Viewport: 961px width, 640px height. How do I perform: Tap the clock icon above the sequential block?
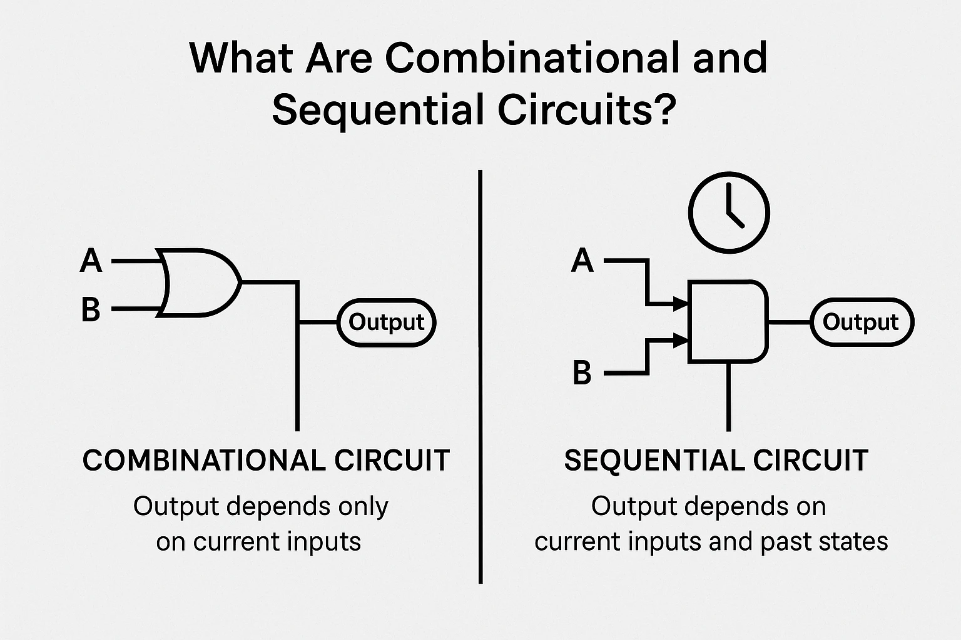point(729,212)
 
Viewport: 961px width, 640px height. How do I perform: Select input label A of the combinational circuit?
point(91,260)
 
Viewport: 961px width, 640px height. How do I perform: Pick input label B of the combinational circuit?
point(91,309)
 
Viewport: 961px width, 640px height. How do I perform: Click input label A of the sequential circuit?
point(582,260)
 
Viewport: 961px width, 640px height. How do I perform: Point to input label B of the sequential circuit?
point(582,373)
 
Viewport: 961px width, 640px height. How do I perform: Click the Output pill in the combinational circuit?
point(387,322)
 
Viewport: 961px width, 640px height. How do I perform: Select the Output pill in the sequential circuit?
point(861,322)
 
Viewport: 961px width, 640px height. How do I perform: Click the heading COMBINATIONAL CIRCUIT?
point(266,461)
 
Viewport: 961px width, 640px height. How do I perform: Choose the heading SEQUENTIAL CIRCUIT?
point(716,461)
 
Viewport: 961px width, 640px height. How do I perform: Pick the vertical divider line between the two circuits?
point(480,375)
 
